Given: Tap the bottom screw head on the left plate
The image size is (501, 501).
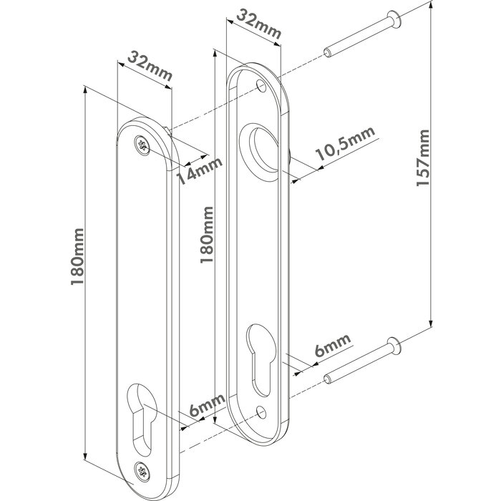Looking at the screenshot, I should click(142, 470).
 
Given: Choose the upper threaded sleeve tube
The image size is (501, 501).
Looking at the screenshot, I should click(350, 44).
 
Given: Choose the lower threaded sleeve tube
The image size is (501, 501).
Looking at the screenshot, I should click(350, 370).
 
